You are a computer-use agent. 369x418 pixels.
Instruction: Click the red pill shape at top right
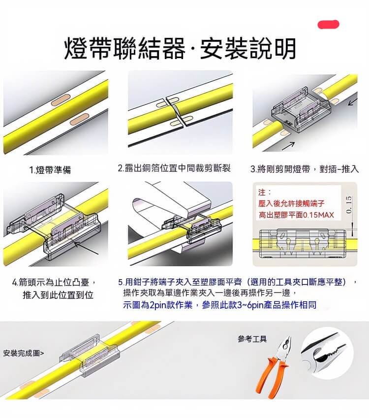(328, 24)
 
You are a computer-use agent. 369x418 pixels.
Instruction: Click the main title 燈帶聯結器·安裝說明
(181, 48)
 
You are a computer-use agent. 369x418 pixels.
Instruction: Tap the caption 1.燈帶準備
(50, 170)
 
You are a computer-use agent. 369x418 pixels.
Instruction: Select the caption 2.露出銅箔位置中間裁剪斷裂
(174, 168)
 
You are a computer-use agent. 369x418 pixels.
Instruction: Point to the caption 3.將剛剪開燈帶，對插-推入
(305, 169)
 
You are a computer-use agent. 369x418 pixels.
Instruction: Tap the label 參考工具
(252, 339)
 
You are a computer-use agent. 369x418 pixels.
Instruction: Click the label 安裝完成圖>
(24, 353)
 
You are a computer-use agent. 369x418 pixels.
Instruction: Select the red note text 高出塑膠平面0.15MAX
(296, 215)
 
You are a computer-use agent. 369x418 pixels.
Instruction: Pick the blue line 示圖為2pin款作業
(157, 305)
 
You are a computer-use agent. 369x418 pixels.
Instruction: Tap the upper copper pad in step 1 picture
(61, 99)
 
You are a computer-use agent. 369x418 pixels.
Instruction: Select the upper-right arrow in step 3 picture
(352, 102)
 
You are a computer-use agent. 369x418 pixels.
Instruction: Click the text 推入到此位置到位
(58, 295)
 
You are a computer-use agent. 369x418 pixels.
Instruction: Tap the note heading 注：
(264, 192)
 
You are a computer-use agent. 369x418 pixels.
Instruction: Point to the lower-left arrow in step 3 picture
(288, 146)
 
